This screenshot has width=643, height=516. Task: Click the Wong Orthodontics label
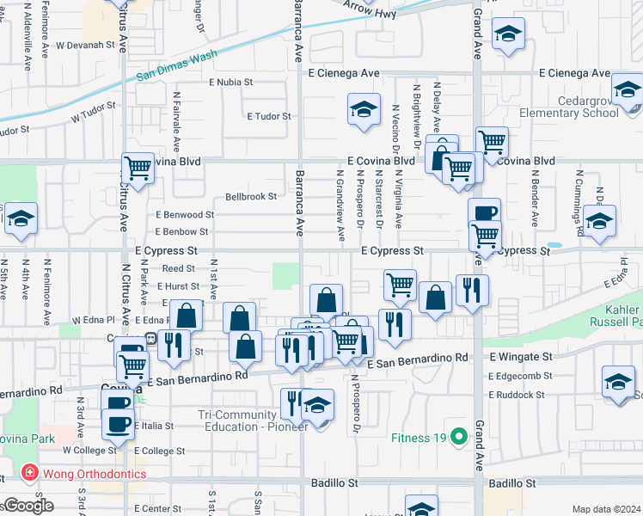tap(83, 474)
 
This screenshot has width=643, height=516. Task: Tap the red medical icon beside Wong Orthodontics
tap(28, 474)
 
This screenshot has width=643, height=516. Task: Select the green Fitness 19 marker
tap(459, 437)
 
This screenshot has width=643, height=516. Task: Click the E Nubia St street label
tap(231, 83)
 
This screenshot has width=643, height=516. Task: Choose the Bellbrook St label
tap(251, 197)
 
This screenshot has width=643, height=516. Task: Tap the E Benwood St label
tap(185, 215)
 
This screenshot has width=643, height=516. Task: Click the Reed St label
tap(179, 269)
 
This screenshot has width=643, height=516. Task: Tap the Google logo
tap(28, 506)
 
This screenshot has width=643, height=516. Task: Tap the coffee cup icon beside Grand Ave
tap(483, 212)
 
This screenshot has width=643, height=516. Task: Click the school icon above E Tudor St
tap(364, 109)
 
